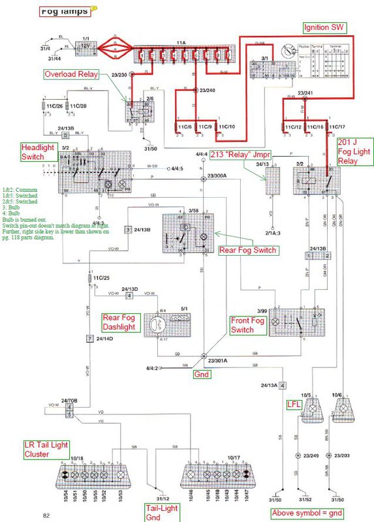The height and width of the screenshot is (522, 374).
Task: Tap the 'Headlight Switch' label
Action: point(37,151)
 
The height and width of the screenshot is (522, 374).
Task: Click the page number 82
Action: point(47,515)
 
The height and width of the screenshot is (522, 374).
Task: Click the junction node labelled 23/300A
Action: point(204,176)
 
